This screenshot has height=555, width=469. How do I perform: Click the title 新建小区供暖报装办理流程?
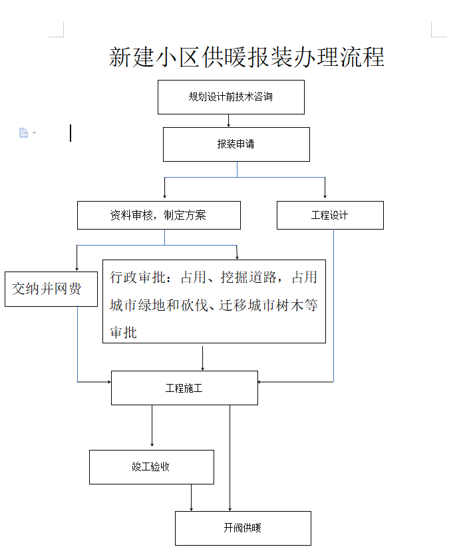pyautogui.click(x=247, y=57)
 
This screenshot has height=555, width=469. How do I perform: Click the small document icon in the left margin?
pyautogui.click(x=23, y=132)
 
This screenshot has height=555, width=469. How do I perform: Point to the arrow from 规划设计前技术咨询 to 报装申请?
pyautogui.click(x=229, y=120)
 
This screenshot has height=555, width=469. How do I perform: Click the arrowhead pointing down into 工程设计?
pyautogui.click(x=325, y=196)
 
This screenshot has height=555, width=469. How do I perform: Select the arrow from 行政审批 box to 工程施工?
pyautogui.click(x=202, y=358)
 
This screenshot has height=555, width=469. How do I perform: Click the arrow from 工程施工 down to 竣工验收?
pyautogui.click(x=152, y=426)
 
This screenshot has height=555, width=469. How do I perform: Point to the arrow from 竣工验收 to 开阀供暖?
pyautogui.click(x=192, y=498)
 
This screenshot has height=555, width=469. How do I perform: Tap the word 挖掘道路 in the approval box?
pyautogui.click(x=248, y=277)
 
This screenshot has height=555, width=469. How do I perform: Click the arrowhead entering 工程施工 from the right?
pyautogui.click(x=260, y=382)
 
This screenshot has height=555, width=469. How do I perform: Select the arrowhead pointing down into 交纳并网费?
pyautogui.click(x=77, y=269)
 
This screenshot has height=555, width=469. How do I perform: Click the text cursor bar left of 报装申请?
pyautogui.click(x=71, y=133)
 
